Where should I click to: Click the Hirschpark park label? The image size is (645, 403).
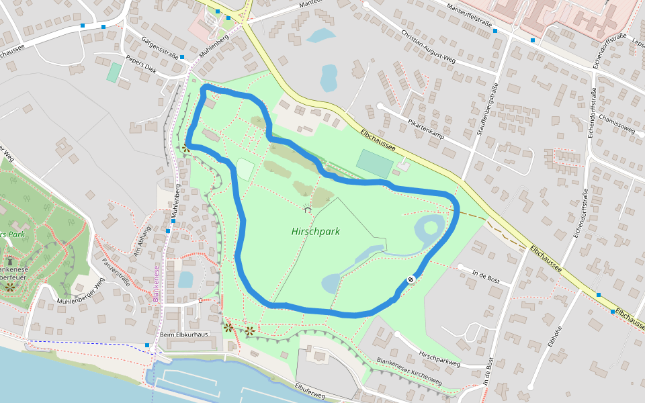tap(316, 231)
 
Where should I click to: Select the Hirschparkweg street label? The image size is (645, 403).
tap(439, 358)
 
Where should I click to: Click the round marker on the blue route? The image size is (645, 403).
tap(411, 279)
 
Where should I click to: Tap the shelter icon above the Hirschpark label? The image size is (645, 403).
tap(307, 210)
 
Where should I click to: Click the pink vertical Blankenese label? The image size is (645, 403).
tap(155, 282)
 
